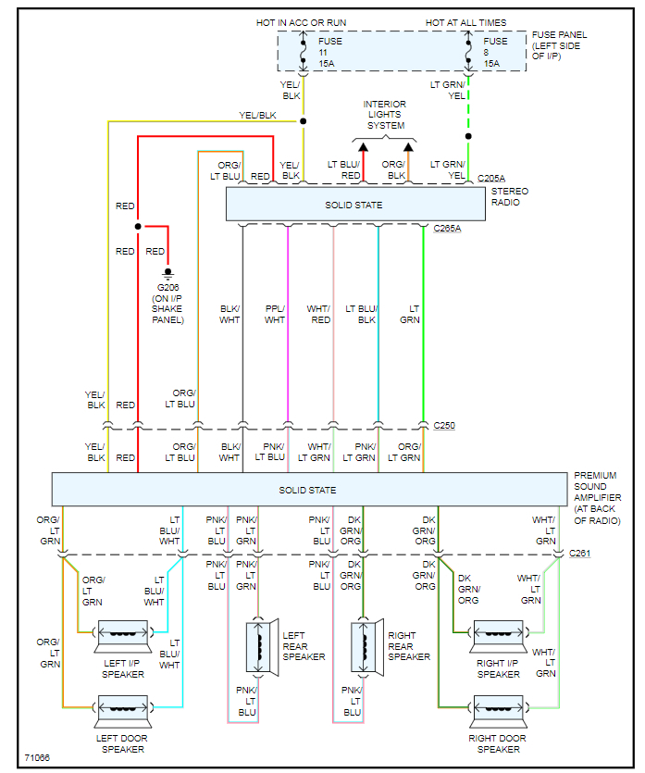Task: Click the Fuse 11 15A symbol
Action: pyautogui.click(x=304, y=53)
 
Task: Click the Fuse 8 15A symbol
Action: pyautogui.click(x=468, y=53)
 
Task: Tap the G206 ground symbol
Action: pyautogui.click(x=167, y=274)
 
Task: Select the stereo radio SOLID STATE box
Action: pyautogui.click(x=356, y=205)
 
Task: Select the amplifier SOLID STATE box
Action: pyautogui.click(x=309, y=490)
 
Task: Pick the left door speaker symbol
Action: pyautogui.click(x=122, y=709)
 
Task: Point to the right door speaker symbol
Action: pyautogui.click(x=497, y=709)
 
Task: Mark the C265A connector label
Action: pyautogui.click(x=448, y=229)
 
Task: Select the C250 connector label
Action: pyautogui.click(x=444, y=426)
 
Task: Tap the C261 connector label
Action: pyautogui.click(x=580, y=554)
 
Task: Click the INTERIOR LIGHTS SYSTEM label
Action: pyautogui.click(x=385, y=115)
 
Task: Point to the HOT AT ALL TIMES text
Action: pyautogui.click(x=466, y=21)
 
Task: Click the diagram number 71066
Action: pyautogui.click(x=37, y=758)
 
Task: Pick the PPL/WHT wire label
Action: pyautogui.click(x=275, y=315)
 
